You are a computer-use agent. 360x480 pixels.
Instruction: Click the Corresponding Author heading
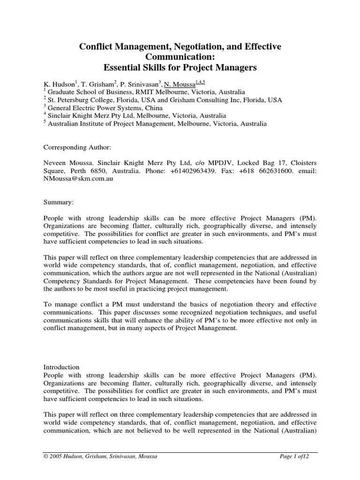click(77, 147)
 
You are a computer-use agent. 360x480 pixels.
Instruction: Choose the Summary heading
click(58, 202)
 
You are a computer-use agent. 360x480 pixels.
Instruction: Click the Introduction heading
click(61, 367)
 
